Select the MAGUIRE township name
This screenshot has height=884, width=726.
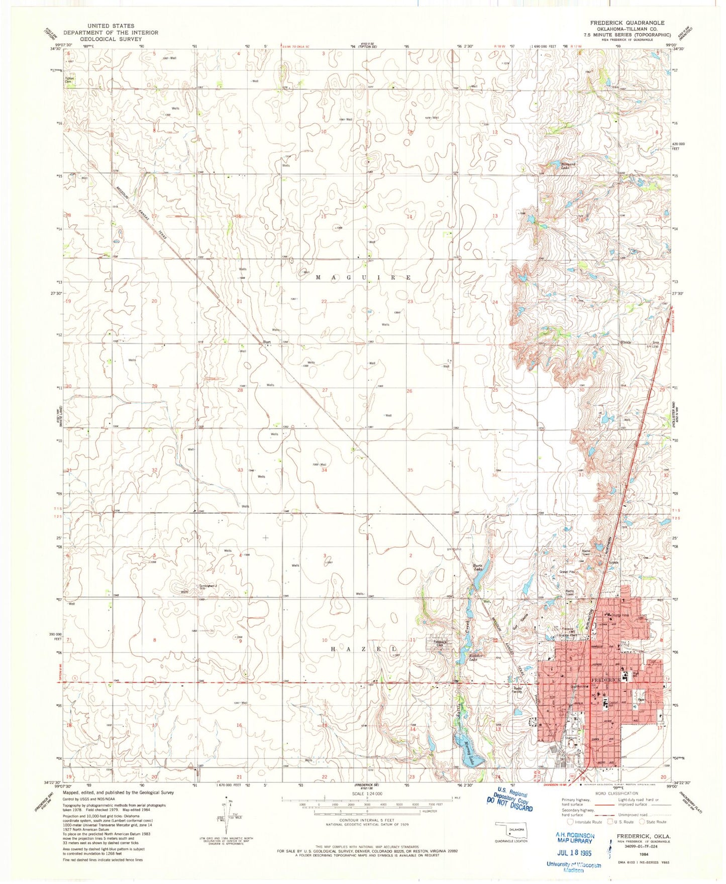coord(364,277)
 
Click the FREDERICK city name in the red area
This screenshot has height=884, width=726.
coord(606,680)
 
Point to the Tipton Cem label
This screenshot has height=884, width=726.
coord(69,80)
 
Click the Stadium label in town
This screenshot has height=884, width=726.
coord(571,738)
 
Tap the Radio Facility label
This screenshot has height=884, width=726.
coord(518,690)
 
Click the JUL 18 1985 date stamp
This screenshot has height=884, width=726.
coord(574,852)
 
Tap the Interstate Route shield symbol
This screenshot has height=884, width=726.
coord(570,822)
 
